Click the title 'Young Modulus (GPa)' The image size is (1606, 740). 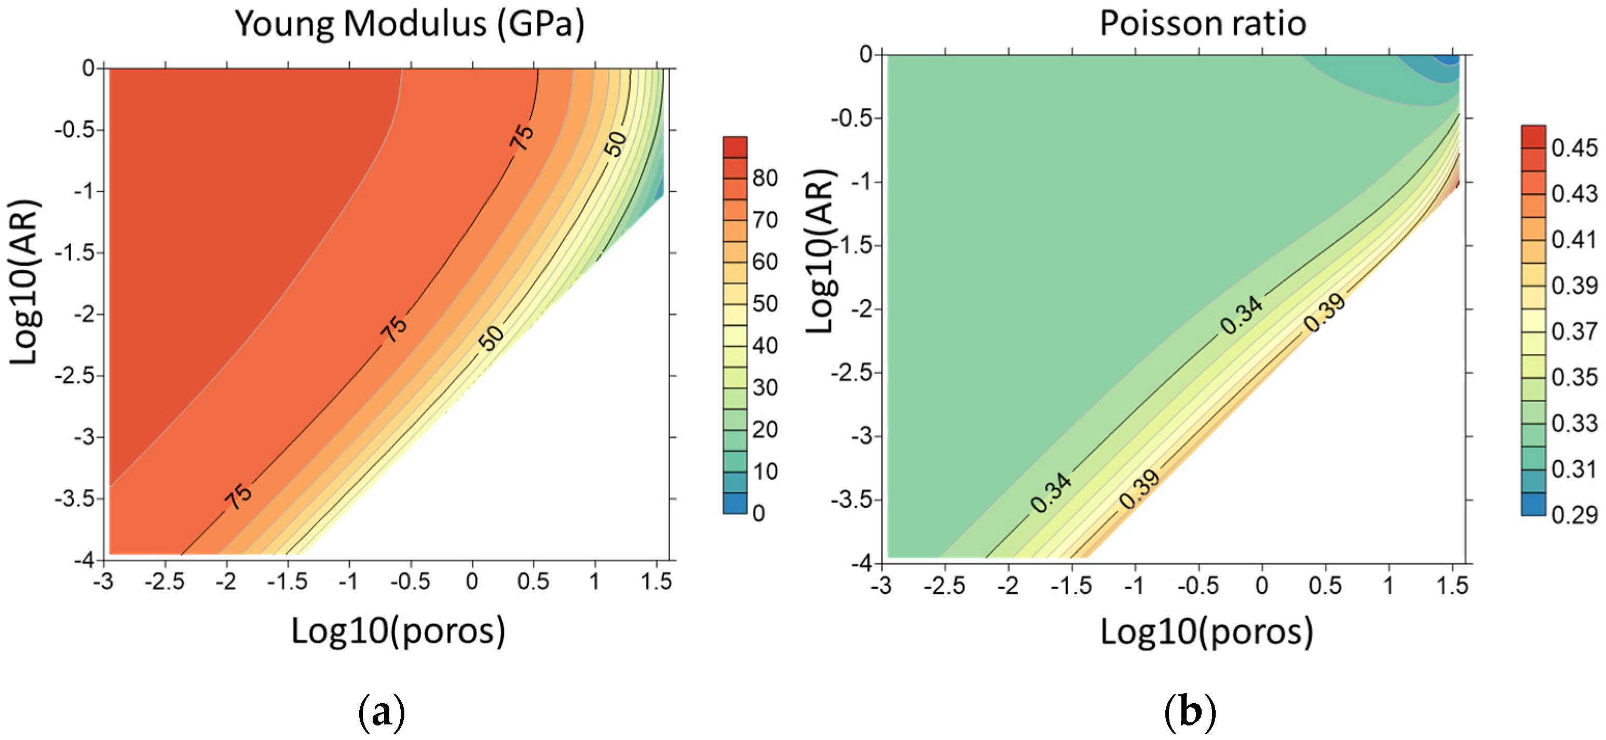[410, 25]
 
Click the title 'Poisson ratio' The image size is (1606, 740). [1202, 24]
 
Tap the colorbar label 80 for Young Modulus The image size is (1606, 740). [765, 179]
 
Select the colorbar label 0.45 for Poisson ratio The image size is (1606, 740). [1574, 148]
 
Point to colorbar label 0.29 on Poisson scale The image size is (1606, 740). [1574, 515]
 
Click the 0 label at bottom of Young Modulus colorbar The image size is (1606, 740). [759, 513]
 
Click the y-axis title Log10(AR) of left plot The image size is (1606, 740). [25, 282]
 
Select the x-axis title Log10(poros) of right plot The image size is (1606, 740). [1206, 632]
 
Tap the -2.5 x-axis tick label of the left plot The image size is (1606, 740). [165, 582]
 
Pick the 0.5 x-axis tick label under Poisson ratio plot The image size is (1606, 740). [1325, 585]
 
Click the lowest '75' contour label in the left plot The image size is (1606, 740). [238, 496]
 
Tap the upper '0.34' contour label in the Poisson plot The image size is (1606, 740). [1241, 315]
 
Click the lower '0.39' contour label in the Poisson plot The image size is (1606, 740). [1139, 489]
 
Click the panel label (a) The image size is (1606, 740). [382, 711]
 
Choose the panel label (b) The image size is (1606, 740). [1190, 711]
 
